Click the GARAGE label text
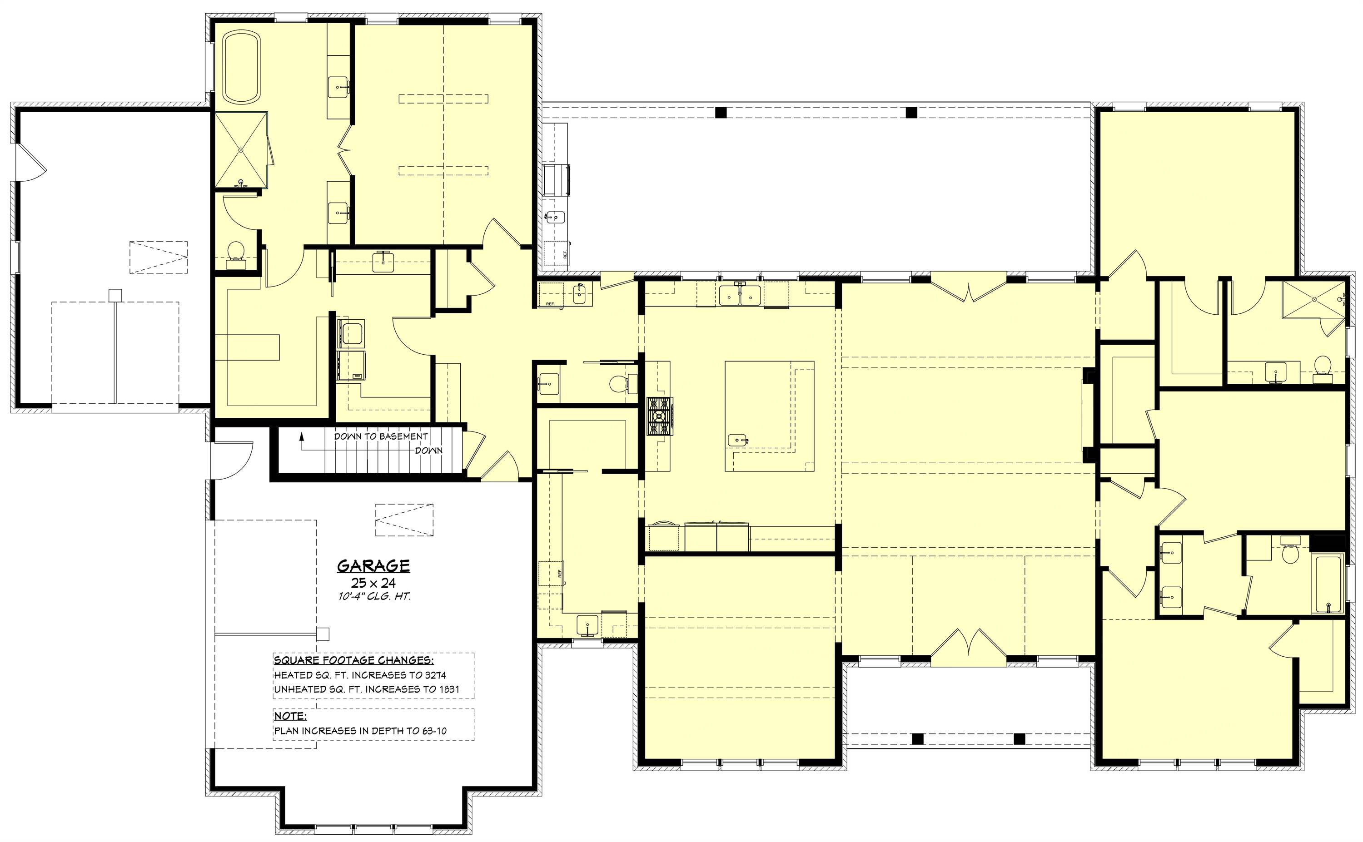(x=373, y=566)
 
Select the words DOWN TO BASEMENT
(x=381, y=436)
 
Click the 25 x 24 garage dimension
(x=373, y=583)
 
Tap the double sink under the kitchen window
(x=740, y=296)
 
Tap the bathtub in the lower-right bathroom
(x=1328, y=583)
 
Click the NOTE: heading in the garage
(x=290, y=716)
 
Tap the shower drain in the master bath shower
(x=241, y=150)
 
